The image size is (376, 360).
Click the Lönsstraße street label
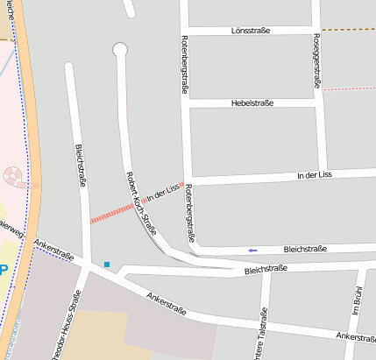[252, 31]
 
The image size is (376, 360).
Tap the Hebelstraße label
[252, 103]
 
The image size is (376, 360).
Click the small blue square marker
[107, 264]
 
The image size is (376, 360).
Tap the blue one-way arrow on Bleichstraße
[252, 251]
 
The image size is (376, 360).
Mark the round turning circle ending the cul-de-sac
[120, 49]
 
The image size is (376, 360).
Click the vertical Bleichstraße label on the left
[81, 166]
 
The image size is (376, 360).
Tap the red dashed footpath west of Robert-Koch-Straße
[110, 213]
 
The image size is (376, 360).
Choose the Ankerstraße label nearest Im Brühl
[355, 337]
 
